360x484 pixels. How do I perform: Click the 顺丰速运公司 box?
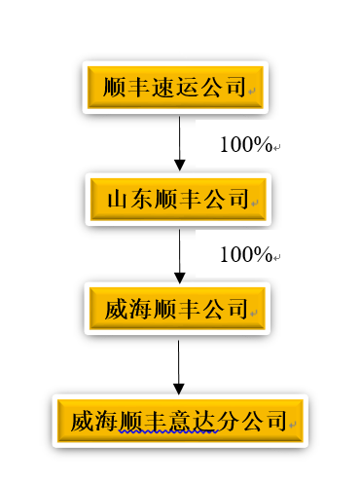pos(175,89)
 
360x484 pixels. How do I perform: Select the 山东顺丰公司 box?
pos(175,200)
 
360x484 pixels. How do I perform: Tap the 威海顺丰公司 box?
pos(175,310)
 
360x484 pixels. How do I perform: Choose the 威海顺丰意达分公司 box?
pos(180,421)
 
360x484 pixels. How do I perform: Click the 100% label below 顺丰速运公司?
pos(245,145)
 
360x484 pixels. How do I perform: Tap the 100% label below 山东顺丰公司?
pos(245,255)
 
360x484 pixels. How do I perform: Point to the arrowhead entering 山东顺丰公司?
pos(179,165)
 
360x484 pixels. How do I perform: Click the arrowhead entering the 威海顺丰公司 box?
pos(179,276)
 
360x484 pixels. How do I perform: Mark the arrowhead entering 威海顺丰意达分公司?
pos(179,386)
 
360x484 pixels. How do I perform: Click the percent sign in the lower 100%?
pos(263,255)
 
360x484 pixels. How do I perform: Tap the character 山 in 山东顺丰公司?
pos(119,200)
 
